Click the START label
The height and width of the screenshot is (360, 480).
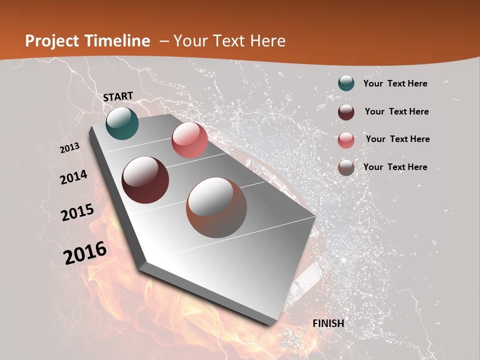(118, 96)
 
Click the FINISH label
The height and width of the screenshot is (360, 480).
(328, 323)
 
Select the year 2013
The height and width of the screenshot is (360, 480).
(70, 148)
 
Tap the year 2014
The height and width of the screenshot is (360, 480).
(74, 177)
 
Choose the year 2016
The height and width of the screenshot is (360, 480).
(85, 253)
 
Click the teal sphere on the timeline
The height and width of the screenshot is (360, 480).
(122, 123)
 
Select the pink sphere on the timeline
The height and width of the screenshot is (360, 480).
(189, 140)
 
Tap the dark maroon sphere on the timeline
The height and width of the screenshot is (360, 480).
(145, 180)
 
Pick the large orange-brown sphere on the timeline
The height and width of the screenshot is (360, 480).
(216, 207)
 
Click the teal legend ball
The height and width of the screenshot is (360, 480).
(346, 83)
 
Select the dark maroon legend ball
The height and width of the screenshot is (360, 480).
(346, 111)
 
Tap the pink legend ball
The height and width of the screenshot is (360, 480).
(346, 139)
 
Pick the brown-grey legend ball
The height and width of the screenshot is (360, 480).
(346, 167)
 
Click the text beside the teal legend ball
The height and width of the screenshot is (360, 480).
(395, 83)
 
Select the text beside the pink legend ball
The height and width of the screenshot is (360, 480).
(397, 139)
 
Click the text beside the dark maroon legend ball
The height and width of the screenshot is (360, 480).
(396, 111)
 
